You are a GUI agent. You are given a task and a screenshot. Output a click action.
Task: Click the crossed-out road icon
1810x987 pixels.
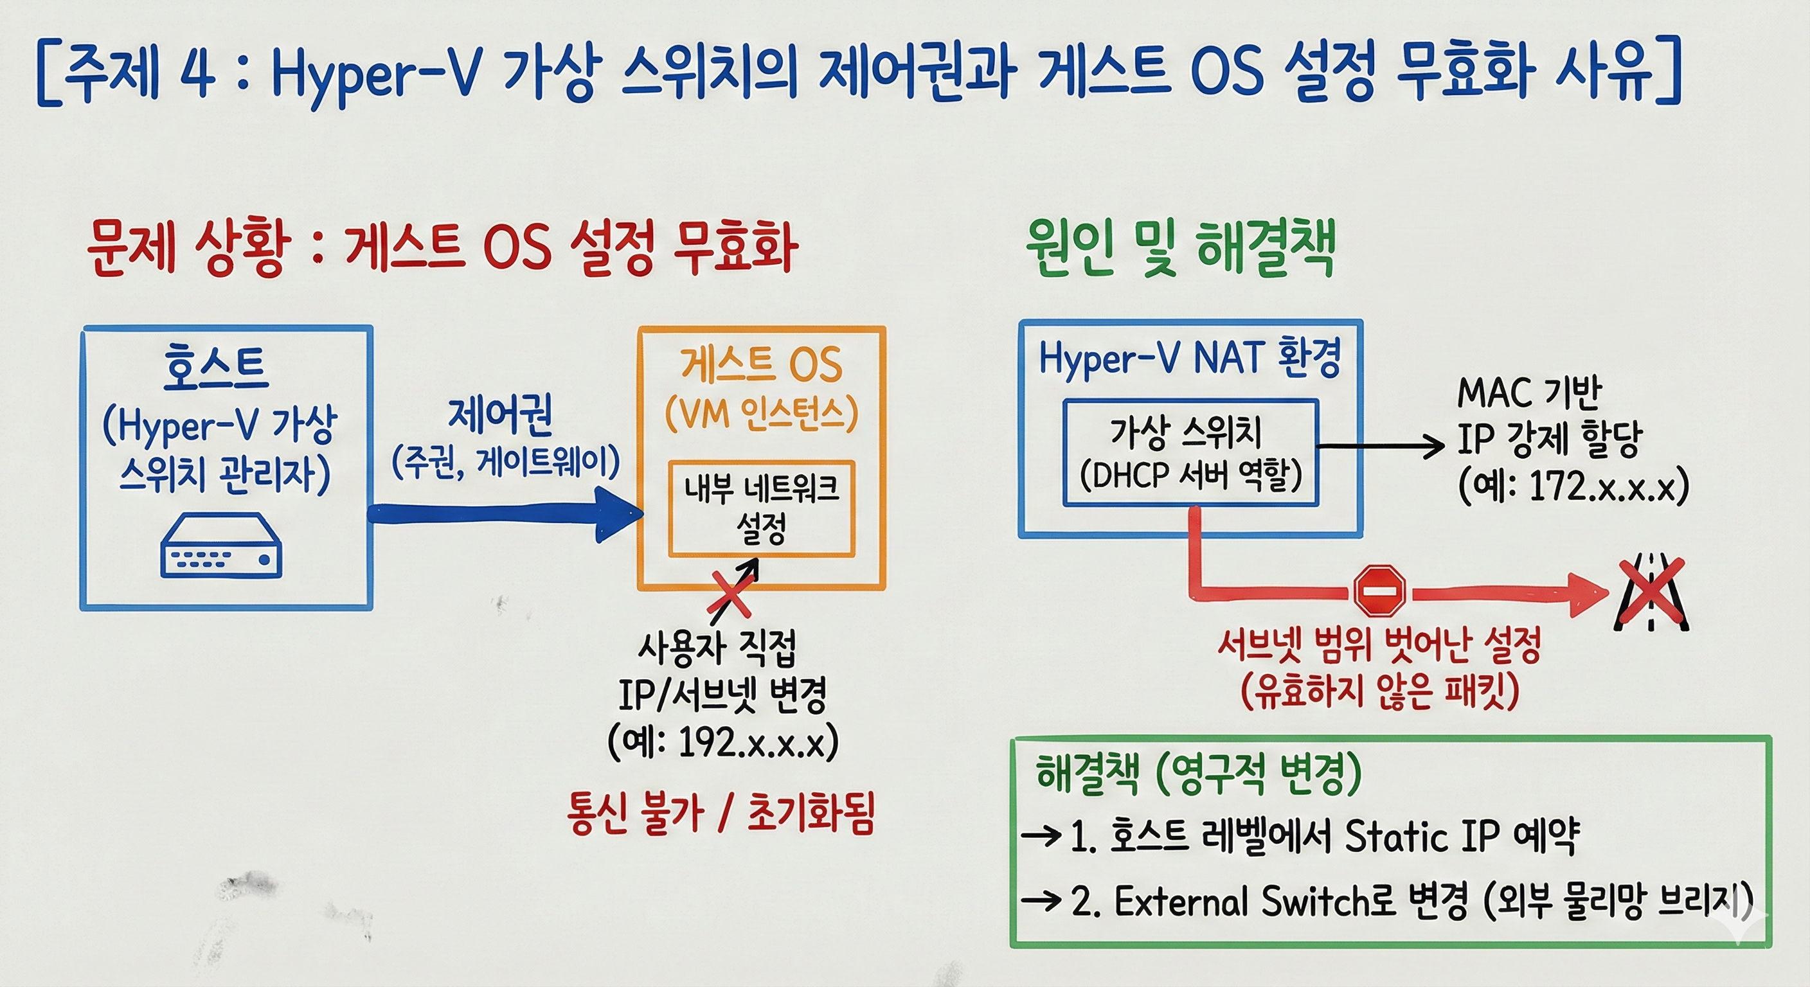pyautogui.click(x=1651, y=592)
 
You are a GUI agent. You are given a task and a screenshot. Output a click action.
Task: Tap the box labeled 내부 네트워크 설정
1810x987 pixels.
pyautogui.click(x=761, y=509)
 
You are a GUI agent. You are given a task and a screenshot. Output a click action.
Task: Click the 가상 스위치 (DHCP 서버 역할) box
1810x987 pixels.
pyautogui.click(x=1190, y=452)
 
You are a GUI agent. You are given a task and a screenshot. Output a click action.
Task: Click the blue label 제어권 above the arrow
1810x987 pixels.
pyautogui.click(x=501, y=414)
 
